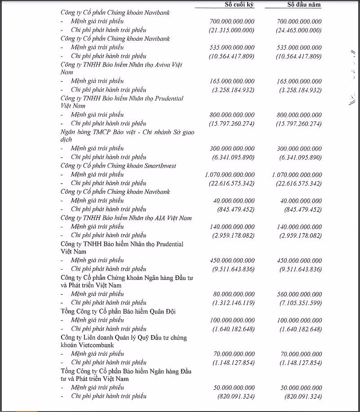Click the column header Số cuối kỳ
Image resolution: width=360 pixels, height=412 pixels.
click(x=239, y=4)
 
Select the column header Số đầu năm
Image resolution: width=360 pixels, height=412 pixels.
click(x=304, y=4)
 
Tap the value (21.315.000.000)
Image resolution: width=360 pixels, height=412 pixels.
click(x=232, y=30)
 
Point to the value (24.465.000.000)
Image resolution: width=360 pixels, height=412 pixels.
click(x=299, y=30)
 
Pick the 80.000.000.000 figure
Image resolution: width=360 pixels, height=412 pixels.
click(x=234, y=294)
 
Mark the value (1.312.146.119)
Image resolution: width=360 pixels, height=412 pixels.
click(x=233, y=303)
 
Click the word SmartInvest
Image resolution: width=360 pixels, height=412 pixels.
click(x=159, y=166)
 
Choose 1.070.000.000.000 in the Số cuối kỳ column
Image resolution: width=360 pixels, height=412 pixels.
click(x=229, y=175)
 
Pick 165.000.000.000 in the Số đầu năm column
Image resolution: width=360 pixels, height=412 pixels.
click(x=299, y=81)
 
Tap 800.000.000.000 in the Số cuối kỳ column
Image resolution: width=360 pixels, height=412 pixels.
click(x=232, y=115)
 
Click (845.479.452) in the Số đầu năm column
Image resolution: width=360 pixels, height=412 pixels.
click(x=303, y=209)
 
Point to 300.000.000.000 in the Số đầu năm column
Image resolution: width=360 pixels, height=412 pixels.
click(x=299, y=148)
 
